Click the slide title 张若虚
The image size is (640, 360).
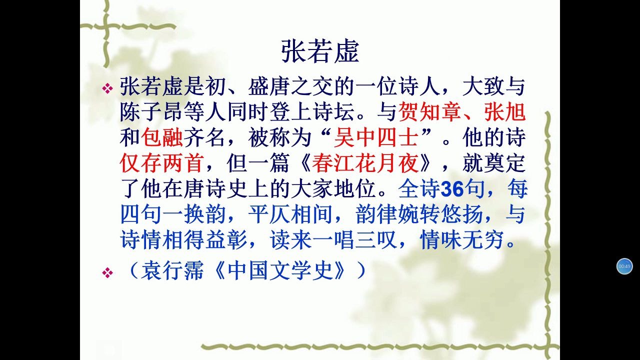click(320, 51)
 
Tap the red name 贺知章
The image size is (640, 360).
click(429, 111)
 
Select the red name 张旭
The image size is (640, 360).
click(505, 111)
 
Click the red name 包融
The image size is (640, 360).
click(162, 137)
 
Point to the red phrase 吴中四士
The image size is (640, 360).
click(376, 137)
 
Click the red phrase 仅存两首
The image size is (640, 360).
click(161, 163)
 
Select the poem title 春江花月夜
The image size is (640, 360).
click(365, 163)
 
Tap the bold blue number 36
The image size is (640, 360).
click(452, 189)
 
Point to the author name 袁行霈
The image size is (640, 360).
click(172, 270)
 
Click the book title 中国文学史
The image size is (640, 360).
click(281, 270)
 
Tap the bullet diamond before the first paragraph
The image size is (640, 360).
click(107, 88)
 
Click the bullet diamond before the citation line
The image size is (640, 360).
click(107, 272)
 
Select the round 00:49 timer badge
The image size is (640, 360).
click(624, 266)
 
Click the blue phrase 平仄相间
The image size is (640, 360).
click(290, 214)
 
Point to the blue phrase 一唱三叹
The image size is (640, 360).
click(354, 240)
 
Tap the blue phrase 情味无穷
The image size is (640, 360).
click(462, 240)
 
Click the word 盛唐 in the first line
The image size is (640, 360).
click(269, 86)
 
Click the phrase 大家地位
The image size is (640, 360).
click(333, 189)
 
